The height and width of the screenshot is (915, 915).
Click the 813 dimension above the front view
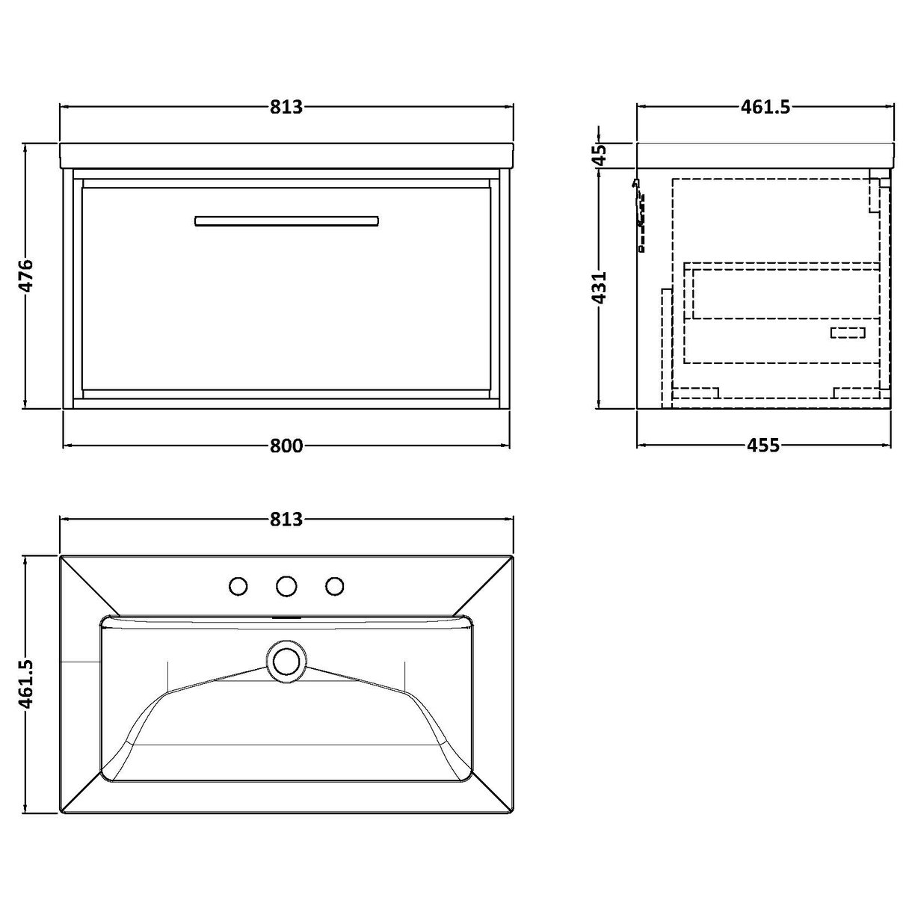(286, 108)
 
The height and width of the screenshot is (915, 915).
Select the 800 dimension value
(286, 446)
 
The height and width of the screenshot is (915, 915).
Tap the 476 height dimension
(26, 277)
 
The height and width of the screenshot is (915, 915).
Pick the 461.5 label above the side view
(765, 108)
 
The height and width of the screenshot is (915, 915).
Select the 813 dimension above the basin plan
(286, 519)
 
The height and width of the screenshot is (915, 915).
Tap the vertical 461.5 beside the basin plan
(26, 683)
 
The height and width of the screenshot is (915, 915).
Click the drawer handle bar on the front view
(286, 221)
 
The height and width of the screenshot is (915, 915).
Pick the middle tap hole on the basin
(286, 586)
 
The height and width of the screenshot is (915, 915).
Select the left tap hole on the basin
(238, 586)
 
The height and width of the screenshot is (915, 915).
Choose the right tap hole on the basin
(334, 586)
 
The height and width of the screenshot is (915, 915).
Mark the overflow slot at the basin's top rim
(286, 618)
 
